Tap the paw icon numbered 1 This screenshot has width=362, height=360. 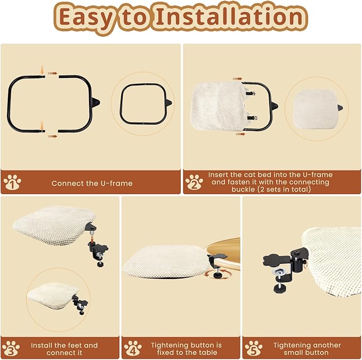[12, 183]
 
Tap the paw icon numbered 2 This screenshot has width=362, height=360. [194, 183]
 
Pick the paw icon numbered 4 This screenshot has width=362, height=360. [132, 349]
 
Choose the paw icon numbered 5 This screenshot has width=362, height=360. [253, 349]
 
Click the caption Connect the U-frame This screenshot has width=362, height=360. [92, 183]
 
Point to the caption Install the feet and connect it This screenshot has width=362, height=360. [64, 349]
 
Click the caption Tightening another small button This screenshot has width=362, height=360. [307, 349]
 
